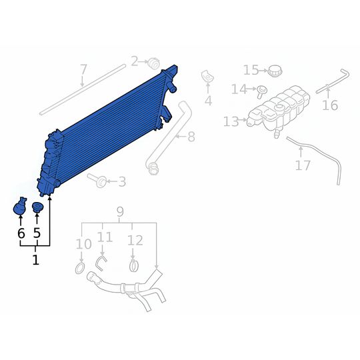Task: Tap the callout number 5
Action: (37, 233)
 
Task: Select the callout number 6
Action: (21, 233)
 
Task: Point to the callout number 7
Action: (83, 69)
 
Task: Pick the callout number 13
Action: (231, 121)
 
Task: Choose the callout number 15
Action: (251, 70)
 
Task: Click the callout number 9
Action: (120, 212)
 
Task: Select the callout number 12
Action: (135, 240)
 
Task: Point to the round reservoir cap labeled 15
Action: (275, 69)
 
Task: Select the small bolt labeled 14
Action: (263, 89)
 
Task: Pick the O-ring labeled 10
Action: (79, 269)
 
